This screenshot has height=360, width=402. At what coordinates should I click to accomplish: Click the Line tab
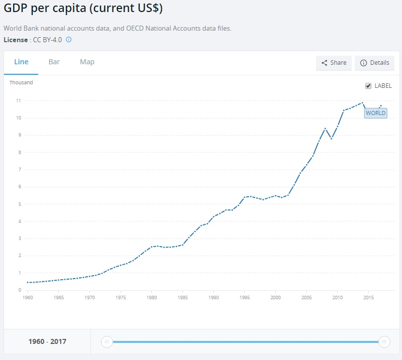click(21, 62)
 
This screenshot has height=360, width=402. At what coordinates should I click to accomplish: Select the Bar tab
click(54, 62)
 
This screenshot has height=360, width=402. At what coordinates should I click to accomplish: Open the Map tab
click(87, 62)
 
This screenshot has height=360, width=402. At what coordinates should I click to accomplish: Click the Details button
click(374, 63)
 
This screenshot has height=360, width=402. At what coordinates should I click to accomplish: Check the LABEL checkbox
click(368, 86)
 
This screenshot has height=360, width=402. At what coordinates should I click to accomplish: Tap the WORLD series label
click(375, 113)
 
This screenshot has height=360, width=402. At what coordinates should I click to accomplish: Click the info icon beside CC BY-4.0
click(69, 39)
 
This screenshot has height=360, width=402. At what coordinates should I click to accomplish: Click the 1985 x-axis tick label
click(183, 298)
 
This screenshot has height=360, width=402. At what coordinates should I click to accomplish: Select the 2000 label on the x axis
click(275, 298)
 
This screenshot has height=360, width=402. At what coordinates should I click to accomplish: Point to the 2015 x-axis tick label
click(368, 298)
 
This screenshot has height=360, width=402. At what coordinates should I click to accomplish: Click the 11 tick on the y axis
click(18, 101)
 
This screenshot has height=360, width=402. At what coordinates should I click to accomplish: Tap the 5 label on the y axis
click(19, 204)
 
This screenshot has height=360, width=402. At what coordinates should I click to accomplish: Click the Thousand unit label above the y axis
click(21, 82)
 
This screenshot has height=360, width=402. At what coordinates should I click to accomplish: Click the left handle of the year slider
click(107, 342)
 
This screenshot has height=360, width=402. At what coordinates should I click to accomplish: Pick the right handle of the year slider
click(384, 342)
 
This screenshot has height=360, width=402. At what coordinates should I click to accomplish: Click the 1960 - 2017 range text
click(47, 342)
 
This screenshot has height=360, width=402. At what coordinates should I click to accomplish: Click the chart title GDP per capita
click(83, 9)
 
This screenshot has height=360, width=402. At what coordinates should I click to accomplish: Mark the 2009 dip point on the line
click(331, 139)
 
